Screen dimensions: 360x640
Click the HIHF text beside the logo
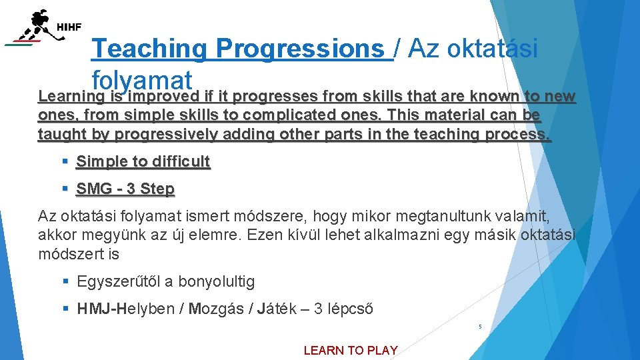pos(69,27)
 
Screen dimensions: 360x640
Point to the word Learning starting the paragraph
pos(65,96)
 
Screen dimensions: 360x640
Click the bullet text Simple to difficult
pos(143,161)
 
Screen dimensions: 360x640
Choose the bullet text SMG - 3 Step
pos(125,189)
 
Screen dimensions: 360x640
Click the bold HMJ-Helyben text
pos(127,309)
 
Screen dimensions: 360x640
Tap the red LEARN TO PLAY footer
pos(351,350)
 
